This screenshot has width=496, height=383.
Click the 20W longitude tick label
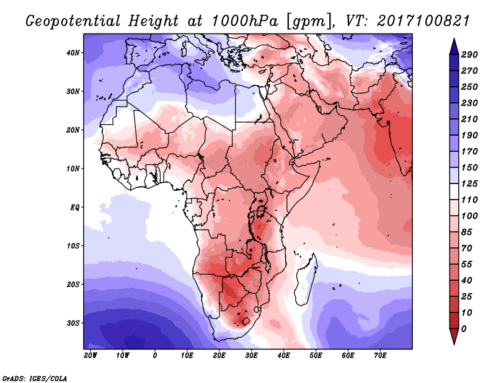point(90,356)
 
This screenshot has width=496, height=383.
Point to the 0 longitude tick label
point(154,356)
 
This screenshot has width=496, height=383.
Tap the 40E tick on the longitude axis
point(283,356)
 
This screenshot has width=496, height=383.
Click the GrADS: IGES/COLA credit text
point(35,377)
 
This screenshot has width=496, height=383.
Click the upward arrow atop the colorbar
point(453,45)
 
